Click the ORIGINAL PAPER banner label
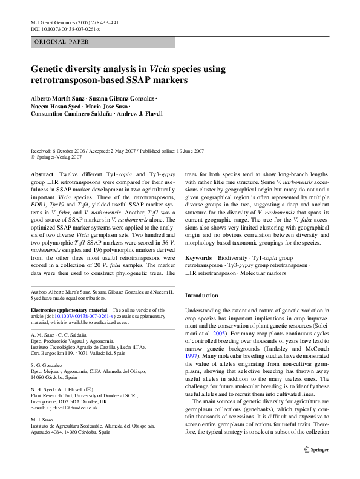click(62, 42)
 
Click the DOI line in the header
click(66, 29)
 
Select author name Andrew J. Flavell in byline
click(139, 114)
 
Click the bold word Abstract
click(42, 174)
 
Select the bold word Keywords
click(198, 257)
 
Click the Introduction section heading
click(201, 296)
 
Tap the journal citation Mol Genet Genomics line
click(73, 22)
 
